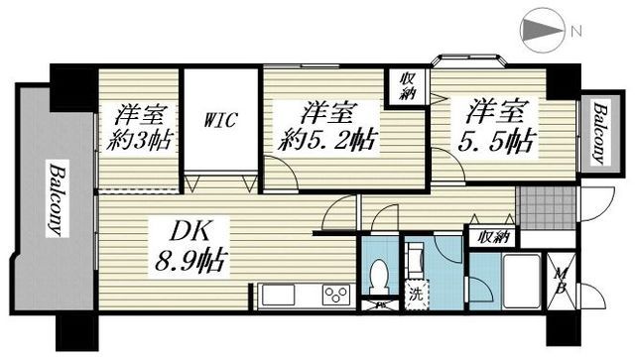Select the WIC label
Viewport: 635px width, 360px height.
(220, 121)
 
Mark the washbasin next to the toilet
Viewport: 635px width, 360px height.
(417, 261)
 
